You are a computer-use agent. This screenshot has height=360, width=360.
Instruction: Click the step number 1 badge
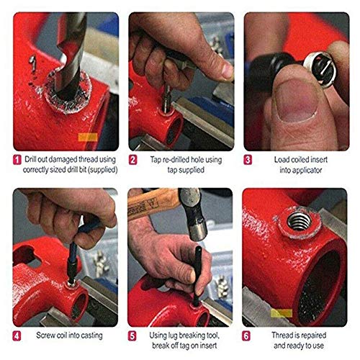pyautogui.click(x=17, y=159)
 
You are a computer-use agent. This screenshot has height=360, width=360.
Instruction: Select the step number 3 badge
pyautogui.click(x=248, y=159)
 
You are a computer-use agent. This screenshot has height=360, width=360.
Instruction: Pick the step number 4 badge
pyautogui.click(x=17, y=336)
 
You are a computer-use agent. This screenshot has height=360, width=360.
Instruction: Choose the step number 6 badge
pyautogui.click(x=248, y=336)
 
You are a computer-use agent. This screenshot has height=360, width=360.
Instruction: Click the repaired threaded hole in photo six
pyautogui.click(x=298, y=220)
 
